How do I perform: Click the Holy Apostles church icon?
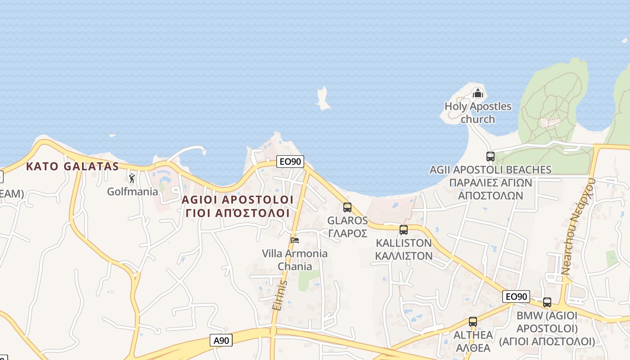coord(477,93)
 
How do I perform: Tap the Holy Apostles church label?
coord(478,113)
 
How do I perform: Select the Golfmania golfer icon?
coord(132,178)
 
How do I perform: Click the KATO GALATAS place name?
coord(72,166)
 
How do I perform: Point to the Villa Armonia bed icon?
coord(295,240)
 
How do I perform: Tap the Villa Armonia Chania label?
coord(295,260)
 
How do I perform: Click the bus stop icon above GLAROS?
coord(347,207)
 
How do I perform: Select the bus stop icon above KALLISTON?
coord(404,230)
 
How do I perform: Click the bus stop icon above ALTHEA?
coord(472,322)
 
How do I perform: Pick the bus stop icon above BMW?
coord(547,302)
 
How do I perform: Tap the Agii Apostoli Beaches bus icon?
coord(490,157)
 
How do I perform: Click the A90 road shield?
coord(221,341)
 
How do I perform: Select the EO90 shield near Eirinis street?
coord(290,162)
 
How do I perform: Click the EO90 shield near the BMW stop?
coord(516,297)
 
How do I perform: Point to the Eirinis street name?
coord(279,295)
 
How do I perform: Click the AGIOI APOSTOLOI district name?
coord(237,199)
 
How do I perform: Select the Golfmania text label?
coord(133,192)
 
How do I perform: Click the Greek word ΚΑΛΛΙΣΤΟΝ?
coord(404,256)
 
